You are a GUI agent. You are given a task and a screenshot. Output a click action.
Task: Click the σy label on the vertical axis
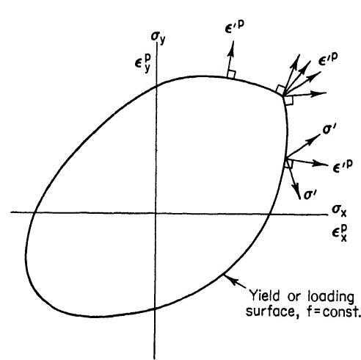pyautogui.click(x=158, y=37)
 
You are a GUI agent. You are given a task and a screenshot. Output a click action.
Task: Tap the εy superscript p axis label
pyautogui.click(x=142, y=63)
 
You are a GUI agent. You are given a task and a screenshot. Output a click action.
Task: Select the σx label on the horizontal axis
pyautogui.click(x=339, y=211)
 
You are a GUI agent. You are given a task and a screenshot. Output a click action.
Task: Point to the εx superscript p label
pyautogui.click(x=340, y=233)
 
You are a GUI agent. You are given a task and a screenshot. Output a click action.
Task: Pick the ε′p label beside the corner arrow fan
pyautogui.click(x=328, y=59)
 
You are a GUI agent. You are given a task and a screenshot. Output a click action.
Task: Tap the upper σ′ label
pyautogui.click(x=329, y=129)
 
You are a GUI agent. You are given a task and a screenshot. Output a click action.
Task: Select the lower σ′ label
pyautogui.click(x=310, y=195)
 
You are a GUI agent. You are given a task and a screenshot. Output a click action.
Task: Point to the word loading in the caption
pyautogui.click(x=331, y=297)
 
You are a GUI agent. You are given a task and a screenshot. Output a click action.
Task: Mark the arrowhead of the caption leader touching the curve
pyautogui.click(x=225, y=276)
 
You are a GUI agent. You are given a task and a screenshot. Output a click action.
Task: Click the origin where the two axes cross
pyautogui.click(x=156, y=213)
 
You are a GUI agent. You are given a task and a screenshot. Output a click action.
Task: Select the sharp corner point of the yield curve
pyautogui.click(x=283, y=96)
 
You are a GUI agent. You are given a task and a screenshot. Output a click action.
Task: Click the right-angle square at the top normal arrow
pyautogui.click(x=231, y=74)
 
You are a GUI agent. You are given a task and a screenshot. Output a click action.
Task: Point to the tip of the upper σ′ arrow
pyautogui.click(x=320, y=134)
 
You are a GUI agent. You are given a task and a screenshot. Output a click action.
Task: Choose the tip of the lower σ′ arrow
pyautogui.click(x=299, y=199)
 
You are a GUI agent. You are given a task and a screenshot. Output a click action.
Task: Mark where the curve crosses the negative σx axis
pyautogui.click(x=34, y=212)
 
